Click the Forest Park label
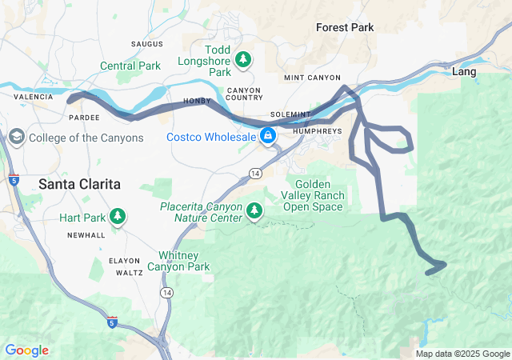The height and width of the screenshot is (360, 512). (x=345, y=27)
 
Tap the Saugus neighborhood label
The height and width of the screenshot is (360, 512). (x=146, y=43)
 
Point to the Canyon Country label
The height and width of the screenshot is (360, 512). (x=245, y=94)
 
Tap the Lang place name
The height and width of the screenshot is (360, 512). (x=464, y=72)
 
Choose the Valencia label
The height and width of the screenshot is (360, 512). (x=33, y=97)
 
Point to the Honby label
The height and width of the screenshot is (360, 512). (x=197, y=102)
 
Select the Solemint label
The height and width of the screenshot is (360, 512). (x=290, y=115)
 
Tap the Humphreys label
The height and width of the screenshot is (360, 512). (x=318, y=130)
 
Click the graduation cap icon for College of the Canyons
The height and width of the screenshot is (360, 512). (x=16, y=138)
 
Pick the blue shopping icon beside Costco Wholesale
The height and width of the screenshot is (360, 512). (x=268, y=137)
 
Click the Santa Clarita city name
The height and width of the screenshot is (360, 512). (x=79, y=184)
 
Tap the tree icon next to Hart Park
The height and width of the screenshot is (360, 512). (x=118, y=216)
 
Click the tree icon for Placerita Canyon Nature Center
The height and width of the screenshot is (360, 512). (x=254, y=210)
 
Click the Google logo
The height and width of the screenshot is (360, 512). (x=26, y=350)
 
